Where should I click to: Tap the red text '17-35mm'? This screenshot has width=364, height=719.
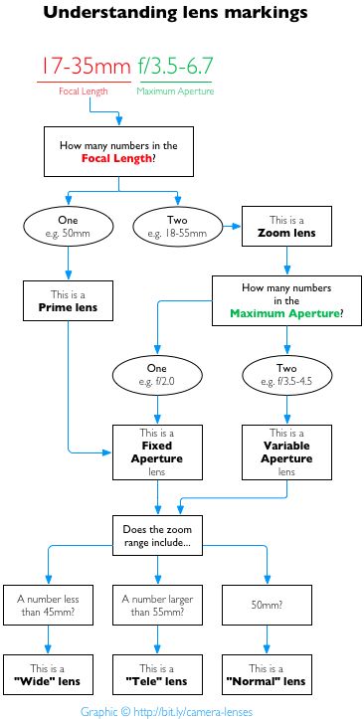(x=84, y=67)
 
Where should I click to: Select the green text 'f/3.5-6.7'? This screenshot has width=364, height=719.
(x=175, y=67)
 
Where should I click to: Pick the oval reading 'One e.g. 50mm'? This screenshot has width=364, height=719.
(x=68, y=226)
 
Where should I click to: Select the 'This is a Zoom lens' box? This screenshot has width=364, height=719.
(x=286, y=226)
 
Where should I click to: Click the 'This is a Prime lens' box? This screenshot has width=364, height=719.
(x=68, y=302)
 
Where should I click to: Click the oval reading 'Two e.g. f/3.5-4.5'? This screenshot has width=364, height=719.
(x=286, y=377)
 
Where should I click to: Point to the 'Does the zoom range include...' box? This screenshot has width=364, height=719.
(x=159, y=537)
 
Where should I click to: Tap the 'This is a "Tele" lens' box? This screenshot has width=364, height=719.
(x=159, y=675)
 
